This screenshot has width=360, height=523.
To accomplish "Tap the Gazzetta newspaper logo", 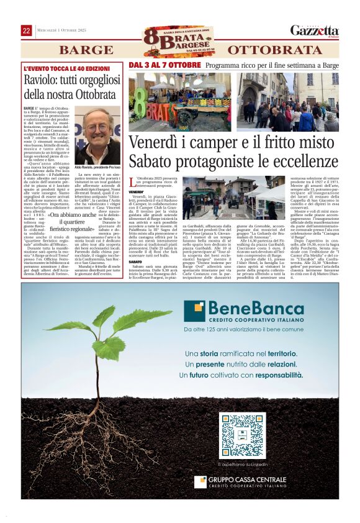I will point(315,30).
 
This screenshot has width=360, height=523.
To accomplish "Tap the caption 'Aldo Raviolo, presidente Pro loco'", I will point(98,167).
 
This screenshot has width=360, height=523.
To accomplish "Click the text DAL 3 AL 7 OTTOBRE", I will point(164,65).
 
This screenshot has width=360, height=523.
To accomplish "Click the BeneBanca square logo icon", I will point(198,311).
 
